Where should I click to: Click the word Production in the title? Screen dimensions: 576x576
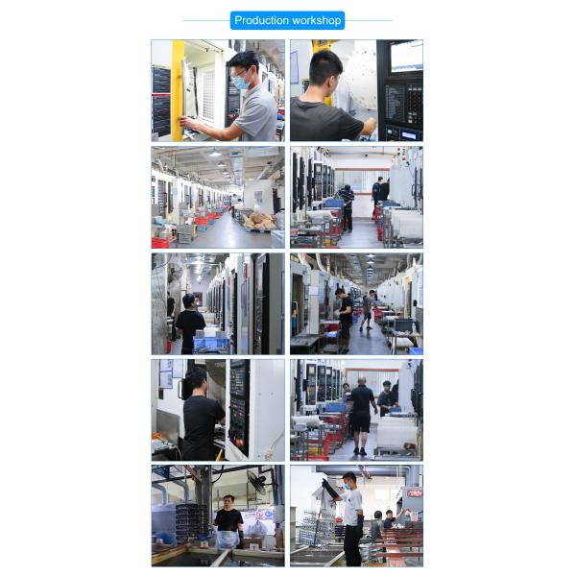(261, 20)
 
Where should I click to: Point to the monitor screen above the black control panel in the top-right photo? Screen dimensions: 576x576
(406, 55)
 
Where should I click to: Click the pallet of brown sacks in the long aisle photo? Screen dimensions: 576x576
(259, 220)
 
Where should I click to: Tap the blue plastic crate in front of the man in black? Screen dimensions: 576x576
(211, 342)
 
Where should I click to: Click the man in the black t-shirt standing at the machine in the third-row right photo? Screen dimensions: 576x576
(344, 317)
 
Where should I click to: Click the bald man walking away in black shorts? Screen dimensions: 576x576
(361, 413)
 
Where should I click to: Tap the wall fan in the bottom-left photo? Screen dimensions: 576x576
(256, 481)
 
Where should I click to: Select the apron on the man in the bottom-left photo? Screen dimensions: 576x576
(228, 538)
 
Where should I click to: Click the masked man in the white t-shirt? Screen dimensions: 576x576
(351, 514)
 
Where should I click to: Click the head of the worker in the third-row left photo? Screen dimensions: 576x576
(189, 300)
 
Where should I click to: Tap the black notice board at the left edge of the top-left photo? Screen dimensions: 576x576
(160, 102)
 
